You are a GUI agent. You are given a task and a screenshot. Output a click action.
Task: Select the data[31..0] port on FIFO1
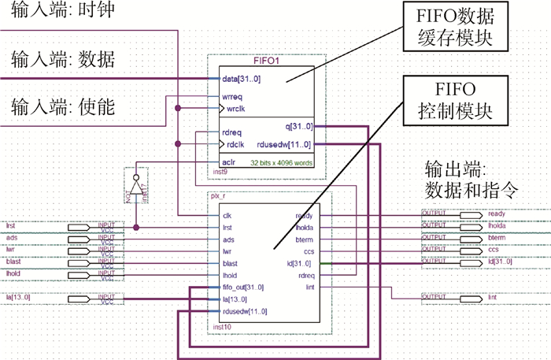point(243,79)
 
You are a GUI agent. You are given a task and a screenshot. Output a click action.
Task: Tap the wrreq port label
point(233,97)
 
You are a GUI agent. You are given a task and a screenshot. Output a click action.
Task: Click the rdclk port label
point(233,144)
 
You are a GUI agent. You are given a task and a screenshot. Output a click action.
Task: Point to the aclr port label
point(230,162)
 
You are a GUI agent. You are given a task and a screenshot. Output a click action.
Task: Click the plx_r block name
point(220,194)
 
